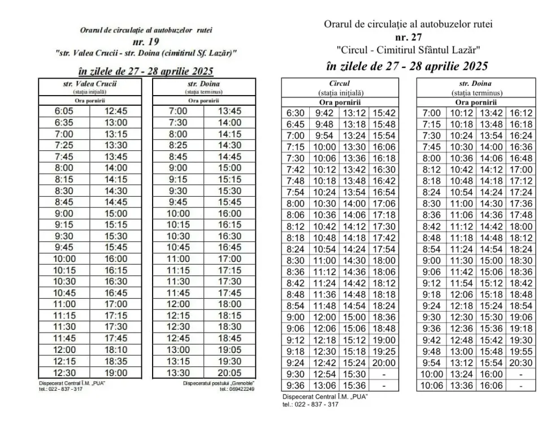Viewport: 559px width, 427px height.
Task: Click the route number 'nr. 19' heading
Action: pyautogui.click(x=146, y=42)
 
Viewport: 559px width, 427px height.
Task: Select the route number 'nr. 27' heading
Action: pyautogui.click(x=408, y=37)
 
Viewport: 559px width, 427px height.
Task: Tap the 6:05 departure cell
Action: pyautogui.click(x=64, y=111)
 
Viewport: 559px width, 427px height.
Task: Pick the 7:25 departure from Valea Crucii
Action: pyautogui.click(x=64, y=145)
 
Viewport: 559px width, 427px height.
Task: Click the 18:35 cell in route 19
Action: pyautogui.click(x=116, y=360)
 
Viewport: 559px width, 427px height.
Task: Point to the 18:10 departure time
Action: pyautogui.click(x=116, y=349)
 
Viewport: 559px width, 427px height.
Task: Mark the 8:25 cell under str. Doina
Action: pyautogui.click(x=178, y=145)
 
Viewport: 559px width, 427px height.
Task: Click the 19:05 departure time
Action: pyautogui.click(x=229, y=349)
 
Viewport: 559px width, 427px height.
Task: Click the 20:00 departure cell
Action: pyautogui.click(x=384, y=363)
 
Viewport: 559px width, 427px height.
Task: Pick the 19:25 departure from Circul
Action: pyautogui.click(x=384, y=351)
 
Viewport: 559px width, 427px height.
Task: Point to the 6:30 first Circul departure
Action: pyautogui.click(x=295, y=113)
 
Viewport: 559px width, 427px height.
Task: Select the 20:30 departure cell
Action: pyautogui.click(x=521, y=363)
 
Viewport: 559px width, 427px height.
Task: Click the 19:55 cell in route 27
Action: pyautogui.click(x=521, y=351)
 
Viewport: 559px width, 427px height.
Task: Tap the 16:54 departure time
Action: pyautogui.click(x=384, y=192)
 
